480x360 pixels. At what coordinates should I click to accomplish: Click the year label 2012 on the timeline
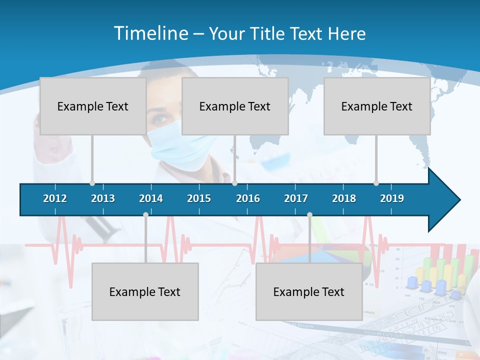pos(55,198)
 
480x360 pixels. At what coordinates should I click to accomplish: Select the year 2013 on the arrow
pos(103,198)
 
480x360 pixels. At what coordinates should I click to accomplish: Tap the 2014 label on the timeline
pos(151,198)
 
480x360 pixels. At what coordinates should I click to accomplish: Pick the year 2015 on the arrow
pos(199,198)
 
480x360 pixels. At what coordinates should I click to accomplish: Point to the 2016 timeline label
pos(248,198)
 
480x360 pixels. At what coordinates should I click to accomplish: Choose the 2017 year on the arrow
pos(296,198)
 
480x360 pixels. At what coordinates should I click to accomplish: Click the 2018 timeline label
pos(344,198)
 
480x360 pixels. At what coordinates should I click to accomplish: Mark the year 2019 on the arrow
pos(392,198)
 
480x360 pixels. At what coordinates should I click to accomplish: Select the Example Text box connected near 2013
pos(93,106)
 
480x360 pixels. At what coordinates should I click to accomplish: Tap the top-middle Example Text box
pos(235,106)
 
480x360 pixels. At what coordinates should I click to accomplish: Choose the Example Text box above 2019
pos(377,106)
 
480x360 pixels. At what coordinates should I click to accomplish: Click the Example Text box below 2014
pos(145,291)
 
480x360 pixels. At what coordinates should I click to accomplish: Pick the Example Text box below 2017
pos(309,291)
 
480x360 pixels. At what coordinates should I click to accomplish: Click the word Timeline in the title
pos(150,33)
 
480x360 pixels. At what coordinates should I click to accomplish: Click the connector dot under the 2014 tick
pos(145,214)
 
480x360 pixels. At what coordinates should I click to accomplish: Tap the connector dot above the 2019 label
pos(376,183)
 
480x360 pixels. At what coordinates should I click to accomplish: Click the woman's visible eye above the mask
pos(161,119)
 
